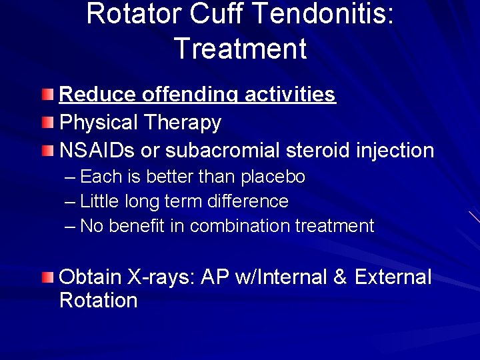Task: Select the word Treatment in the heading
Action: (x=240, y=49)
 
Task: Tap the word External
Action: (x=393, y=277)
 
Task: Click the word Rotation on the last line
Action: (x=98, y=300)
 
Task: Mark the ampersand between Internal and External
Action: (x=340, y=277)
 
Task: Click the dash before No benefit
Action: (x=71, y=226)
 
